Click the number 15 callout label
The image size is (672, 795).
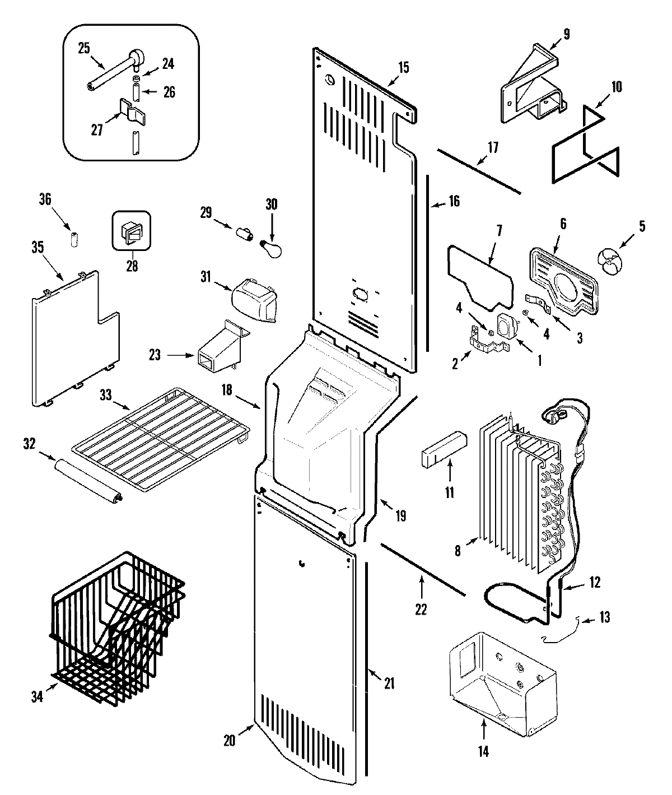tap(403, 68)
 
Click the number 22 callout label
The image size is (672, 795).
tap(420, 609)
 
